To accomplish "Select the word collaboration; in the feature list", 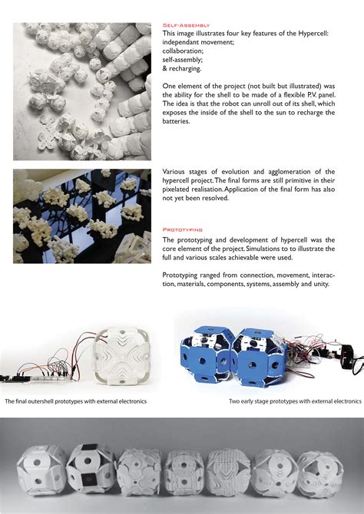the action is pos(185,50).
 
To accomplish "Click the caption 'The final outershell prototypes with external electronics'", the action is pos(75,401).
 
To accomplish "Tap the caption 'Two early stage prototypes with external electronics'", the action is pos(294,401).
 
